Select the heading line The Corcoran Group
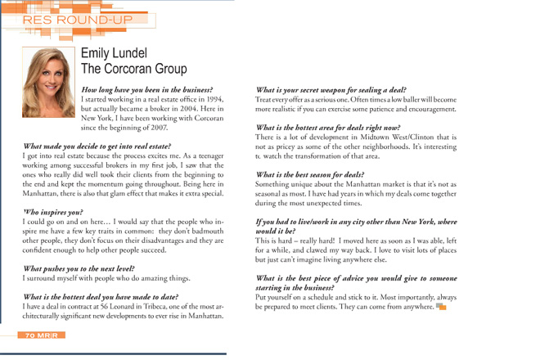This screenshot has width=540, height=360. coord(134,70)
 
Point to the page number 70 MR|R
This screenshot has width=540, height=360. coord(41,335)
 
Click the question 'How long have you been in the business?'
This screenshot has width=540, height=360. coord(147,89)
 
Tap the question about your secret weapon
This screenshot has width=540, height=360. coord(331,89)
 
